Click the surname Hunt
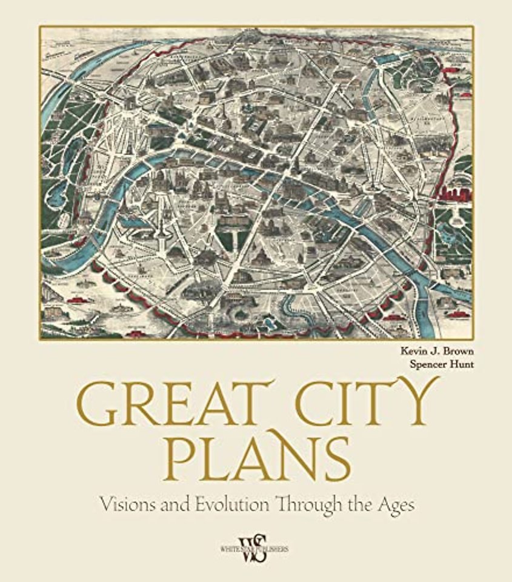(x=460, y=364)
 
